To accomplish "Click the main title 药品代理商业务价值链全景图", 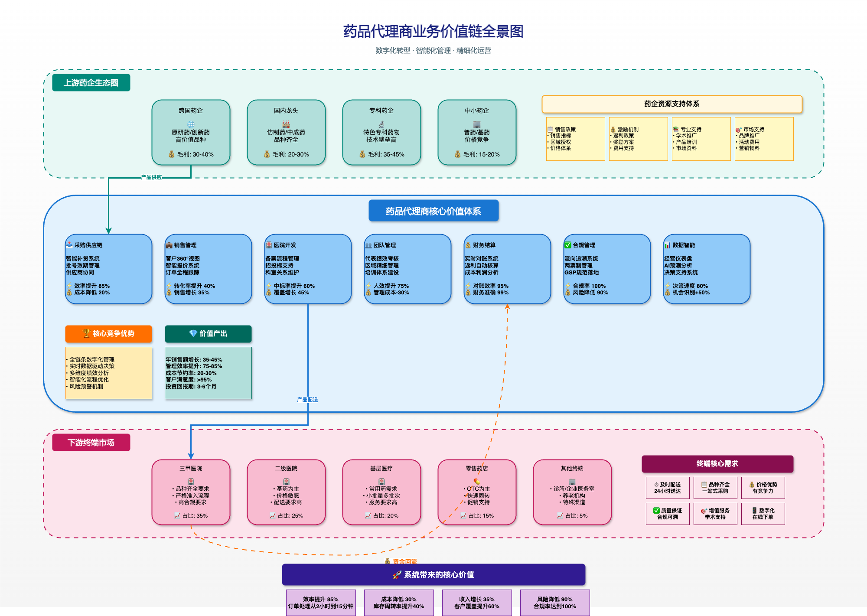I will (x=433, y=32).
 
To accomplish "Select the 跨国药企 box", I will (x=191, y=132).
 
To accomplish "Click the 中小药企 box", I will (x=477, y=132).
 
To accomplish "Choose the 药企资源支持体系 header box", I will (x=671, y=104).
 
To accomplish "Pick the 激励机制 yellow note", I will (x=638, y=139).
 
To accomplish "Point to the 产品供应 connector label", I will (x=151, y=177).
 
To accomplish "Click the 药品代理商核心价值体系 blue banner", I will (x=433, y=211).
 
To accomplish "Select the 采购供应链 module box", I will (x=108, y=269).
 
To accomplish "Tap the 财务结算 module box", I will (x=507, y=269).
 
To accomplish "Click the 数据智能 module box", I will (x=707, y=269).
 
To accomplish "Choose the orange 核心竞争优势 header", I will (x=108, y=334).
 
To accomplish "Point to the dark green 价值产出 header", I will (x=208, y=334).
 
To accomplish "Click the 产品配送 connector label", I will (x=307, y=400).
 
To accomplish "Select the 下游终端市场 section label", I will (x=91, y=443).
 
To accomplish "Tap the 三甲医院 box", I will (x=191, y=492).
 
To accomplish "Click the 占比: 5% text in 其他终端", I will (x=577, y=516).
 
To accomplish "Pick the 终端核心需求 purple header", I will (x=717, y=464).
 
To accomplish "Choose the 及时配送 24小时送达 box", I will (x=668, y=488).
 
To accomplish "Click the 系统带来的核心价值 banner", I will (x=433, y=575).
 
